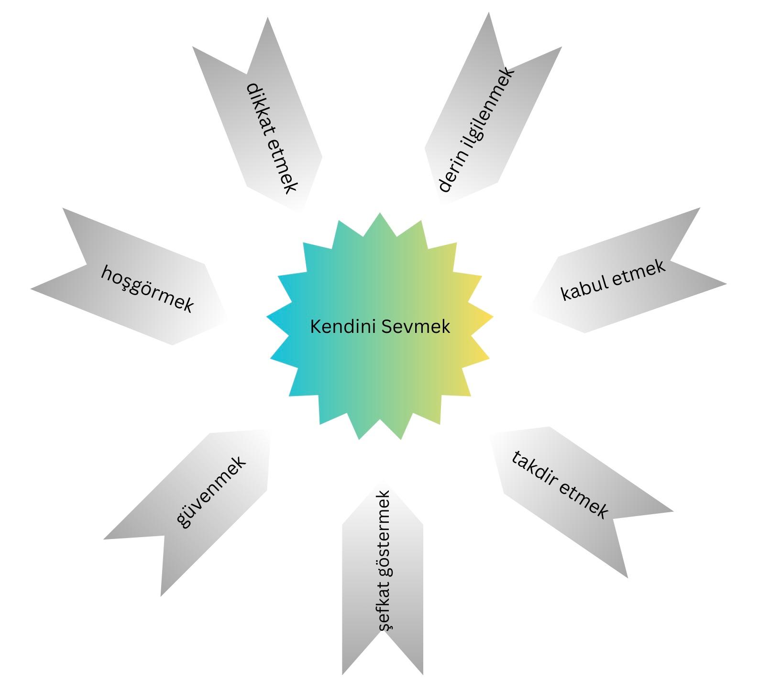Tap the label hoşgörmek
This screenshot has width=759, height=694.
[147, 288]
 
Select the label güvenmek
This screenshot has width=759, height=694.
[211, 492]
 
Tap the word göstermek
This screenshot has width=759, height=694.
[385, 536]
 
